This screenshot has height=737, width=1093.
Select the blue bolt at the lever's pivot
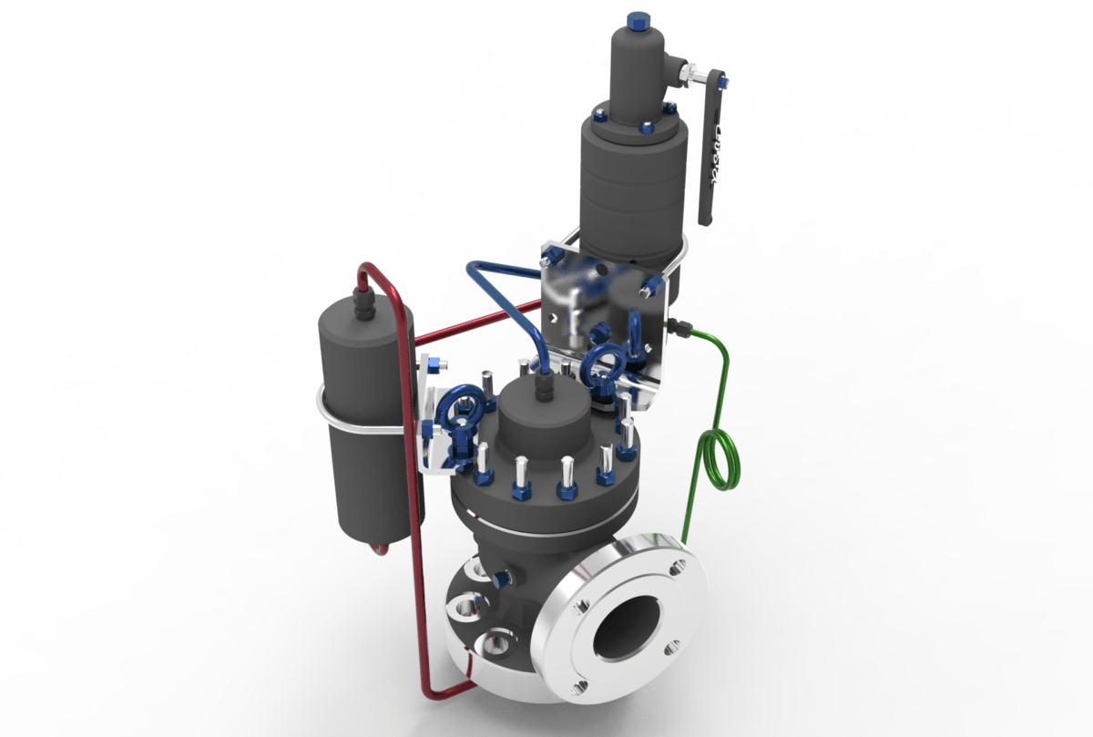coord(723,83)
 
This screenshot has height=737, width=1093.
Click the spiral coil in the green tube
coord(720,460)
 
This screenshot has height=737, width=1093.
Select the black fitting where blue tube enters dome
coord(543,386)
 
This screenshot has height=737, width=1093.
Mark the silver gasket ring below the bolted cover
coord(537,530)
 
